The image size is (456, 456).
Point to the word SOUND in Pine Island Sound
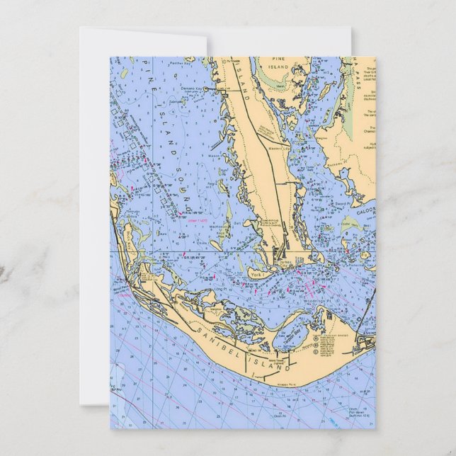(x=178, y=186)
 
